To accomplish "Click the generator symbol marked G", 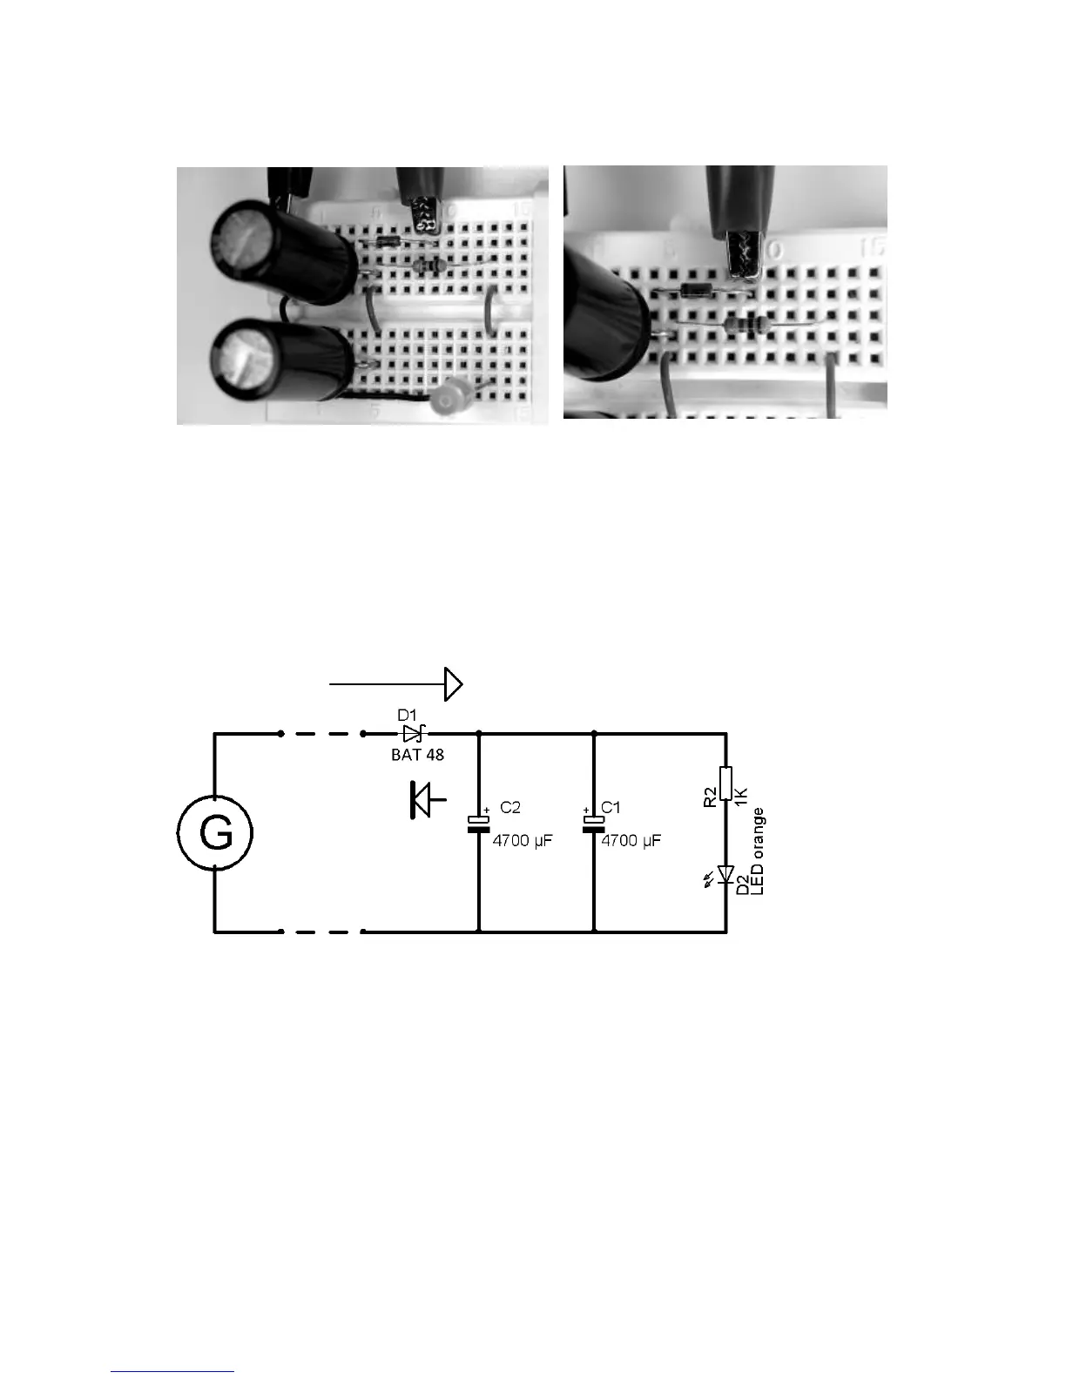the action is [x=215, y=833].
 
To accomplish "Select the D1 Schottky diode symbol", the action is [x=413, y=734].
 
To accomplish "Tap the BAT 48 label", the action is [x=417, y=755].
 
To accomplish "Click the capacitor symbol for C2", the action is [x=479, y=824].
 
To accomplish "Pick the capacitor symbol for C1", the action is [x=593, y=824].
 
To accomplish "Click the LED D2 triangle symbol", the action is [x=726, y=874].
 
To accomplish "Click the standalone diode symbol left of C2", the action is [x=424, y=800].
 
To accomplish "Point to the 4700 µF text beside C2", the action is [x=523, y=842].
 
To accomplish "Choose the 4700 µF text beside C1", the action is [x=631, y=842].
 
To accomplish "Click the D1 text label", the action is [x=408, y=716].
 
